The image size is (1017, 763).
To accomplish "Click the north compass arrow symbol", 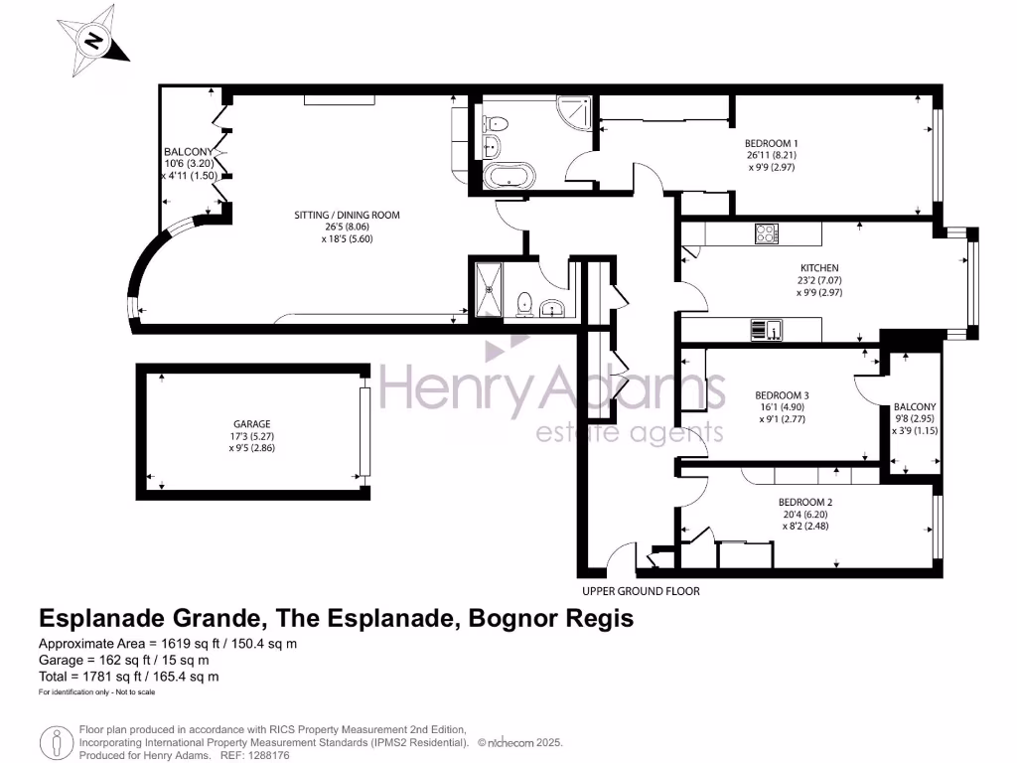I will click(93, 41).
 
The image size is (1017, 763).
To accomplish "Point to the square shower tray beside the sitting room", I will click(488, 289).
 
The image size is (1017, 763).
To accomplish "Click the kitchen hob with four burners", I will click(767, 234).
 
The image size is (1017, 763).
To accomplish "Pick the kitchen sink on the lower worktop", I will click(766, 328).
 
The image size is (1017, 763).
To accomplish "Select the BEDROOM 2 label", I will click(804, 502).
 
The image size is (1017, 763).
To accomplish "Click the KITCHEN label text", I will click(820, 268).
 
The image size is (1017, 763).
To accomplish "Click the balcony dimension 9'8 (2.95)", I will click(915, 418).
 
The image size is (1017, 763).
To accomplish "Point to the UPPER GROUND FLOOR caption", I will click(641, 591).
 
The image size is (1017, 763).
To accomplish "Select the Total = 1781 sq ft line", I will click(129, 676).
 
